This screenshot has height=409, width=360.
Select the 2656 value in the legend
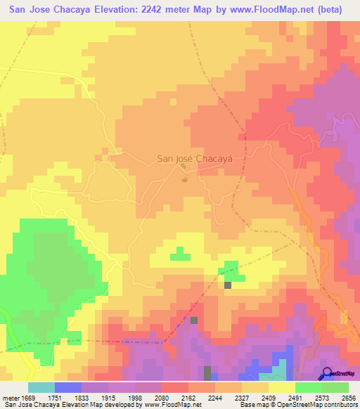coord(348,398)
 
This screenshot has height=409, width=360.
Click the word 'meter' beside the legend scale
coord(11,398)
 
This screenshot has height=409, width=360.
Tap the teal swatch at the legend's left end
coord(41,387)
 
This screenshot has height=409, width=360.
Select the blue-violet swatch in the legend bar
coord(67,387)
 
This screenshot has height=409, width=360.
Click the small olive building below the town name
coord(185,180)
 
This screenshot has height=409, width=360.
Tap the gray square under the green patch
coord(228,285)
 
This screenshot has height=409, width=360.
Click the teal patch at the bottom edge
coord(280,372)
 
